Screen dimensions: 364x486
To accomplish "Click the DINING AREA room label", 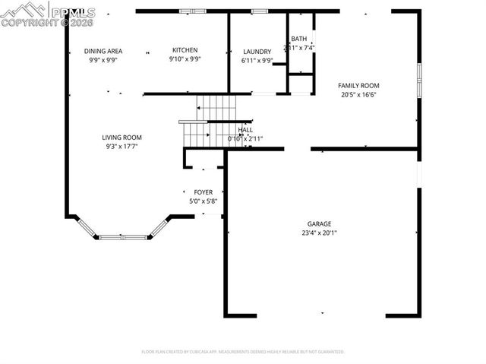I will click(x=103, y=51).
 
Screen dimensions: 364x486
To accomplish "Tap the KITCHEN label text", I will click(x=185, y=50).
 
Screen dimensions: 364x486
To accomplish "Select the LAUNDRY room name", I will click(x=257, y=52).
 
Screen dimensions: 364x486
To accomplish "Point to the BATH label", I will click(x=299, y=39).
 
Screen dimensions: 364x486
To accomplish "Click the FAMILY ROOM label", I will click(x=358, y=86).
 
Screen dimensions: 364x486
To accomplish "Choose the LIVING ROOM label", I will click(x=122, y=138).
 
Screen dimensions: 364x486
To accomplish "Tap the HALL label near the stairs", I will click(x=245, y=130).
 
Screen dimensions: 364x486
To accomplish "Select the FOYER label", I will click(x=204, y=192).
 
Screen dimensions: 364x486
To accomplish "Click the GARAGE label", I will click(x=319, y=224).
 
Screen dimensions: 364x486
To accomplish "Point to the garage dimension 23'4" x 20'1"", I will click(x=319, y=233).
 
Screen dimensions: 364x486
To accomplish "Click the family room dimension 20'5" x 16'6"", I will click(x=358, y=95).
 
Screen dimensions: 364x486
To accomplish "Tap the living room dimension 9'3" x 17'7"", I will click(x=122, y=147).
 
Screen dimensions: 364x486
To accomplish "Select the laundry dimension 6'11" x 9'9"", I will click(x=257, y=61).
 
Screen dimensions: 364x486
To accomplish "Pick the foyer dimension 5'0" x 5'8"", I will click(x=204, y=201).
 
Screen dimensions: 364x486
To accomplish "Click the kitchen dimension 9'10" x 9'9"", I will click(x=185, y=59).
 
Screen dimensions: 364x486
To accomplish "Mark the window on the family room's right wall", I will click(x=418, y=79).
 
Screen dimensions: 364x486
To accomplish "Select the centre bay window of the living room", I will click(x=123, y=237).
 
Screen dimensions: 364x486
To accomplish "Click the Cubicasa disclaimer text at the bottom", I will click(x=243, y=352).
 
